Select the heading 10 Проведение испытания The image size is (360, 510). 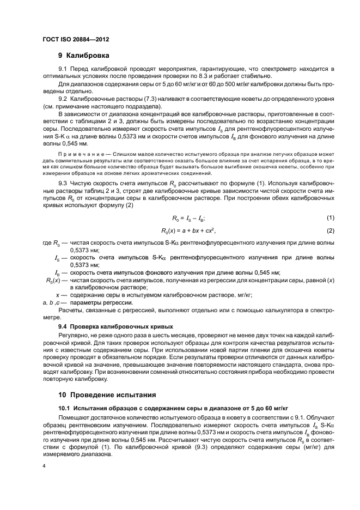point(103,394)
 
